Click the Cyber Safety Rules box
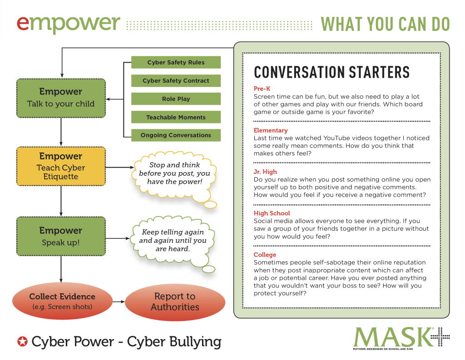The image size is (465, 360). (176, 63)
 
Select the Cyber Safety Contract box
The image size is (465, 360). (176, 81)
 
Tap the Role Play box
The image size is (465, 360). (176, 99)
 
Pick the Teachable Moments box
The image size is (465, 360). (176, 117)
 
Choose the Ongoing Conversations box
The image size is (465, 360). (176, 135)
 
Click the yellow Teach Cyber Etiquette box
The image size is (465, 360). (61, 166)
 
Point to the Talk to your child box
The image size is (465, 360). (61, 98)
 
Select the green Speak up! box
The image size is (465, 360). (61, 236)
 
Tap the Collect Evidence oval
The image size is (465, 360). (62, 301)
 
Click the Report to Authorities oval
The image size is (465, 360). (175, 302)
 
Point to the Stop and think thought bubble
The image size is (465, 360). (174, 173)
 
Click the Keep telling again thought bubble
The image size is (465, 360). (173, 241)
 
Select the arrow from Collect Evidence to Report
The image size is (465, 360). (119, 301)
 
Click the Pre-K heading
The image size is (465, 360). (262, 89)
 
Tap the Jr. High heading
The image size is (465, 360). (265, 172)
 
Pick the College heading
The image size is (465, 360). (265, 255)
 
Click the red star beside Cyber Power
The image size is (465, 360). (22, 341)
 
